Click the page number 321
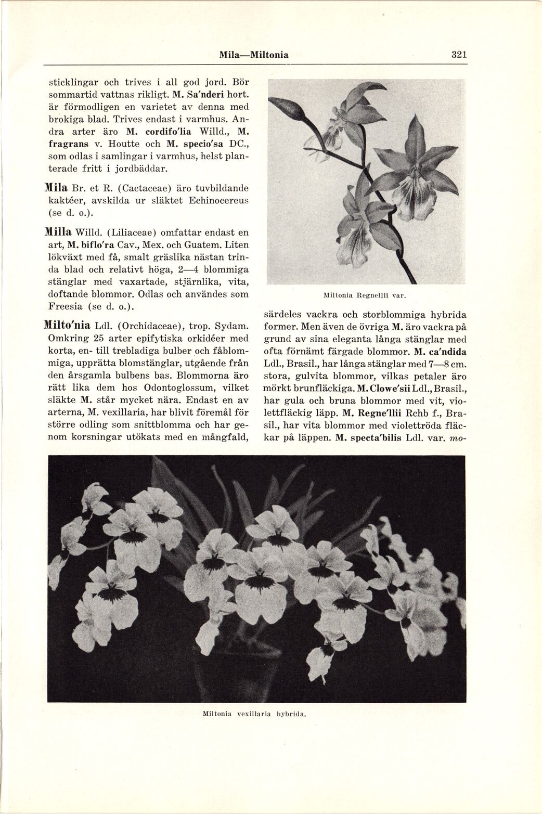point(459,55)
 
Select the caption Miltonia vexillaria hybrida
point(253,714)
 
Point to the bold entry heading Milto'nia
point(68,326)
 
